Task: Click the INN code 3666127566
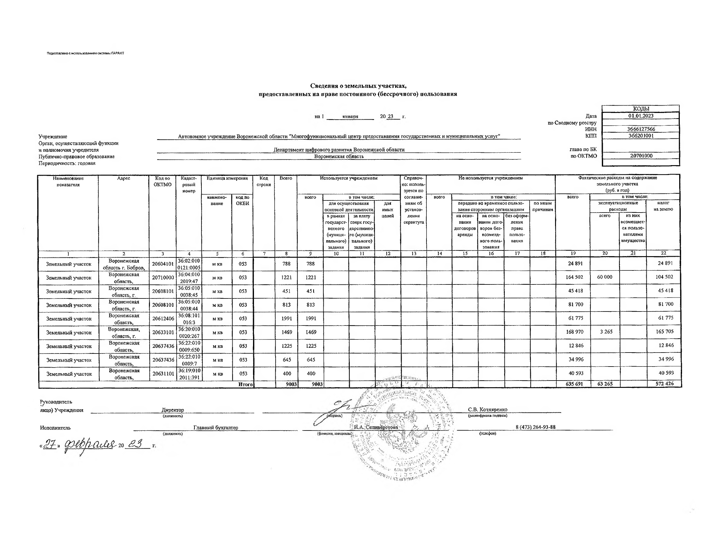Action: point(641,129)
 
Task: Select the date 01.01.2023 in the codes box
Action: point(641,116)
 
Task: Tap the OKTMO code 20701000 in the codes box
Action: point(641,156)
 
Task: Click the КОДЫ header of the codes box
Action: point(641,109)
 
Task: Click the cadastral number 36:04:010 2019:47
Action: point(189,277)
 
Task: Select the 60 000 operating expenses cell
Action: point(604,277)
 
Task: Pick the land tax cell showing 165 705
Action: point(665,332)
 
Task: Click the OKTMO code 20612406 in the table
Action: point(163,319)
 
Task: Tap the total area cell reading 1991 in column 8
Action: point(286,319)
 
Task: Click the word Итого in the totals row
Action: point(245,384)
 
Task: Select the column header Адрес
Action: point(124,178)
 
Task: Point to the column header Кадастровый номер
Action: point(188,184)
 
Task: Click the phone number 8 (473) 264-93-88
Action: point(535,427)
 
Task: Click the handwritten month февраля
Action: point(90,445)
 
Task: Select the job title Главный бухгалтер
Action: point(216,428)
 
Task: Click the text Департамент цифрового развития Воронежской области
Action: point(339,150)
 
